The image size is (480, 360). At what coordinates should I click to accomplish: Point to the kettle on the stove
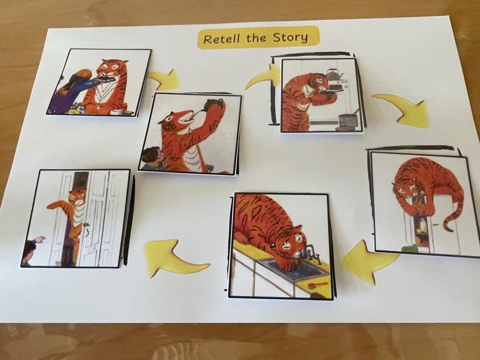[331, 74]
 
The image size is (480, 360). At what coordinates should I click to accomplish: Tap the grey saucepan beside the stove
[347, 120]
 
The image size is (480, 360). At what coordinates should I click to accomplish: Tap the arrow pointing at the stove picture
[263, 77]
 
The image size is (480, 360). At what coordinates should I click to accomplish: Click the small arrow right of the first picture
[164, 79]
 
